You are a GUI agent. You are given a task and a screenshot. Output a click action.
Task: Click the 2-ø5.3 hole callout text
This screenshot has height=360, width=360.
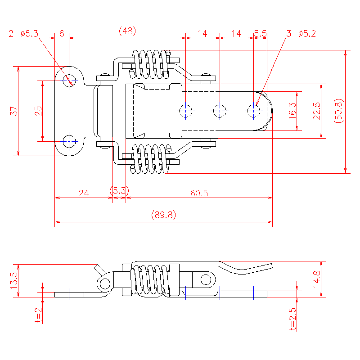click(23, 33)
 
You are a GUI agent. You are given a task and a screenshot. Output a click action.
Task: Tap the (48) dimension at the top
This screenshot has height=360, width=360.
click(127, 31)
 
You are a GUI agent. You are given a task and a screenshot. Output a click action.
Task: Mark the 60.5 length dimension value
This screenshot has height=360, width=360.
click(199, 193)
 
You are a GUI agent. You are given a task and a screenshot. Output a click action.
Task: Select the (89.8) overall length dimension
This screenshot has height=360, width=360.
click(163, 216)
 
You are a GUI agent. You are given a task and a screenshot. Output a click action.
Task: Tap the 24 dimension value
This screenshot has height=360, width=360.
click(84, 193)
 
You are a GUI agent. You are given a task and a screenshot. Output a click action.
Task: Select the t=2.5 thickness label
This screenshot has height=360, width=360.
click(292, 319)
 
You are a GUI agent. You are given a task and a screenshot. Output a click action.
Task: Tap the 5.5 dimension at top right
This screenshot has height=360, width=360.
click(260, 33)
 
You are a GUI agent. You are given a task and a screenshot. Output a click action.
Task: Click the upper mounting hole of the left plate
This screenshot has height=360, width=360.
click(69, 81)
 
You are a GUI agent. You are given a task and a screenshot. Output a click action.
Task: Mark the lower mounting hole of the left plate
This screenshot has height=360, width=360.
click(69, 141)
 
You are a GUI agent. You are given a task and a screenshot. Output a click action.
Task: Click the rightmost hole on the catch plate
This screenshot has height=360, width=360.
click(254, 110)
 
